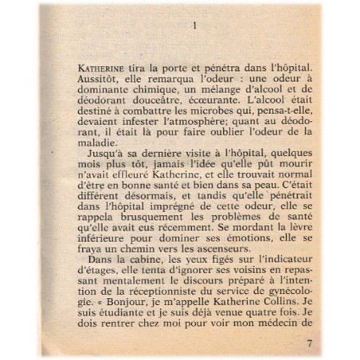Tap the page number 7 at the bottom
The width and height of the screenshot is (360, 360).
[x=311, y=343]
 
